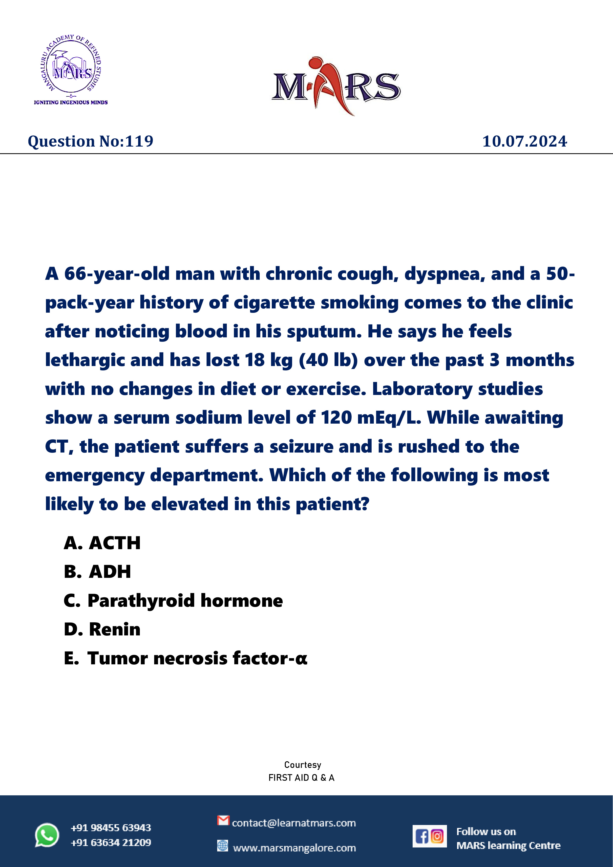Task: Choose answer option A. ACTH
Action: tap(102, 543)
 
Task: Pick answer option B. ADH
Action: tap(97, 572)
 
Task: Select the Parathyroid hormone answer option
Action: tap(173, 600)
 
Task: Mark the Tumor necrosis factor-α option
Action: tap(185, 658)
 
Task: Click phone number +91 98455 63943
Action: tap(111, 828)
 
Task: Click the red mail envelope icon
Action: tap(223, 821)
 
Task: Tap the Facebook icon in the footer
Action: tap(422, 836)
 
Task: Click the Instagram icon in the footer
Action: tap(437, 836)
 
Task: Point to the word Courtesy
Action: tap(302, 765)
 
